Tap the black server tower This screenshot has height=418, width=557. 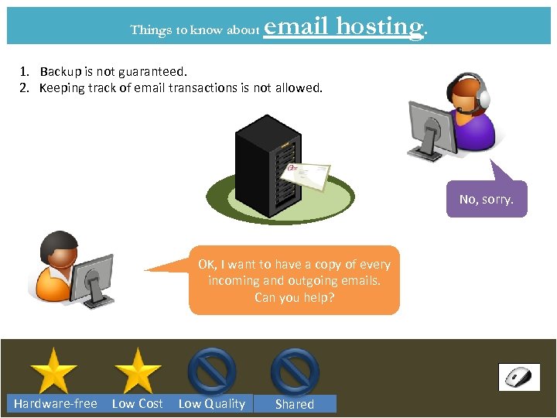tap(267, 166)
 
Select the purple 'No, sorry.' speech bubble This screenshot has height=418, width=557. tap(486, 199)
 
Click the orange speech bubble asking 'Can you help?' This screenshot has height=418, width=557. tap(294, 280)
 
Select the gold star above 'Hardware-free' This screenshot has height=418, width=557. tap(53, 371)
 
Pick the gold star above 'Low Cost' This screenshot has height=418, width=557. tap(137, 371)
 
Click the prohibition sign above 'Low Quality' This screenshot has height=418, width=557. tap(212, 371)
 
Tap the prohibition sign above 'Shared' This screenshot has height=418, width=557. tap(295, 371)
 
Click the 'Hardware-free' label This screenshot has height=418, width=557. tap(56, 403)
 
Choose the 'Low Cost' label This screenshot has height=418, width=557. tap(138, 403)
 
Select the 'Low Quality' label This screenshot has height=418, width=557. tap(212, 403)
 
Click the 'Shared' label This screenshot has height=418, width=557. tap(295, 404)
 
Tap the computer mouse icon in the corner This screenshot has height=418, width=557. tap(518, 377)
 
